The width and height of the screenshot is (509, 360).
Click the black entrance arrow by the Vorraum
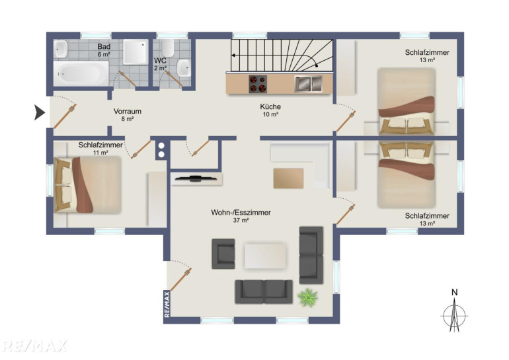[x=39, y=113]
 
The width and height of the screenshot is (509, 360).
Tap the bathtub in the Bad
[x=81, y=73]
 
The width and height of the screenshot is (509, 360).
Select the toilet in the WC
[x=168, y=48]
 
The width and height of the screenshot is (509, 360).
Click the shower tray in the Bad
[x=136, y=52]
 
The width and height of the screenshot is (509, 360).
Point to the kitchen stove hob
[x=258, y=84]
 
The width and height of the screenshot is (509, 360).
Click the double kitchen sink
[x=309, y=84]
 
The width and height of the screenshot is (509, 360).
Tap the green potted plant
[x=307, y=297]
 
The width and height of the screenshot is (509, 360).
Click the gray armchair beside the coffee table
[x=223, y=254]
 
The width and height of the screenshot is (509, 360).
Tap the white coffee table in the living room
[x=265, y=256]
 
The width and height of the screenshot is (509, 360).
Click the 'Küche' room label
[x=270, y=106]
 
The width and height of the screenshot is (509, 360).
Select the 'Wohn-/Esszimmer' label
[x=241, y=213]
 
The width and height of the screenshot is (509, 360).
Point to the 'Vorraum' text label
[x=128, y=111]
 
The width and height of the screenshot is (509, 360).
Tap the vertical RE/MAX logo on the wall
[x=167, y=305]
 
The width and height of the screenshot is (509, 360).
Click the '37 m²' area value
[x=241, y=221]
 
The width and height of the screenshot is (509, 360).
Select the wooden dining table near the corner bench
[x=288, y=178]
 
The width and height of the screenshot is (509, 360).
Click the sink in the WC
[x=184, y=68]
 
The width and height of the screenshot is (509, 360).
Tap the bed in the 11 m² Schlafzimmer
[x=88, y=185]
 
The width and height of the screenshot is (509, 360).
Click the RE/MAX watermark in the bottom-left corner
[x=34, y=346]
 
